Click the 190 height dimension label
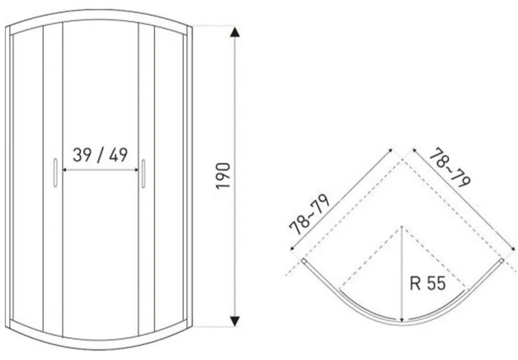223,176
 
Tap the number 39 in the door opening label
82,155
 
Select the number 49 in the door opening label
119,155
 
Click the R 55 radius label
428,283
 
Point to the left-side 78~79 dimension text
310,214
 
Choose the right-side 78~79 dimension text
450,167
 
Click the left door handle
56,172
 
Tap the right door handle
143,173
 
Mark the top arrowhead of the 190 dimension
235,32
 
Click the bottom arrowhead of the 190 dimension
235,321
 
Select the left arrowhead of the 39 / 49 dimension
65,170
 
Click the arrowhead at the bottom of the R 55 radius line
402,319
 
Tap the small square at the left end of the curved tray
304,261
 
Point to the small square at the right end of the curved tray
502,261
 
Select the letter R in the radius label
414,283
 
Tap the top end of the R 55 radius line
401,227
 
